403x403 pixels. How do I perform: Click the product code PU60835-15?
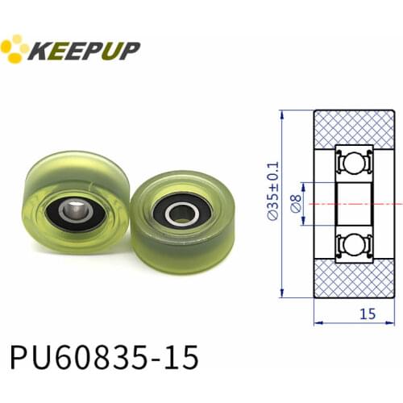pos(102,355)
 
